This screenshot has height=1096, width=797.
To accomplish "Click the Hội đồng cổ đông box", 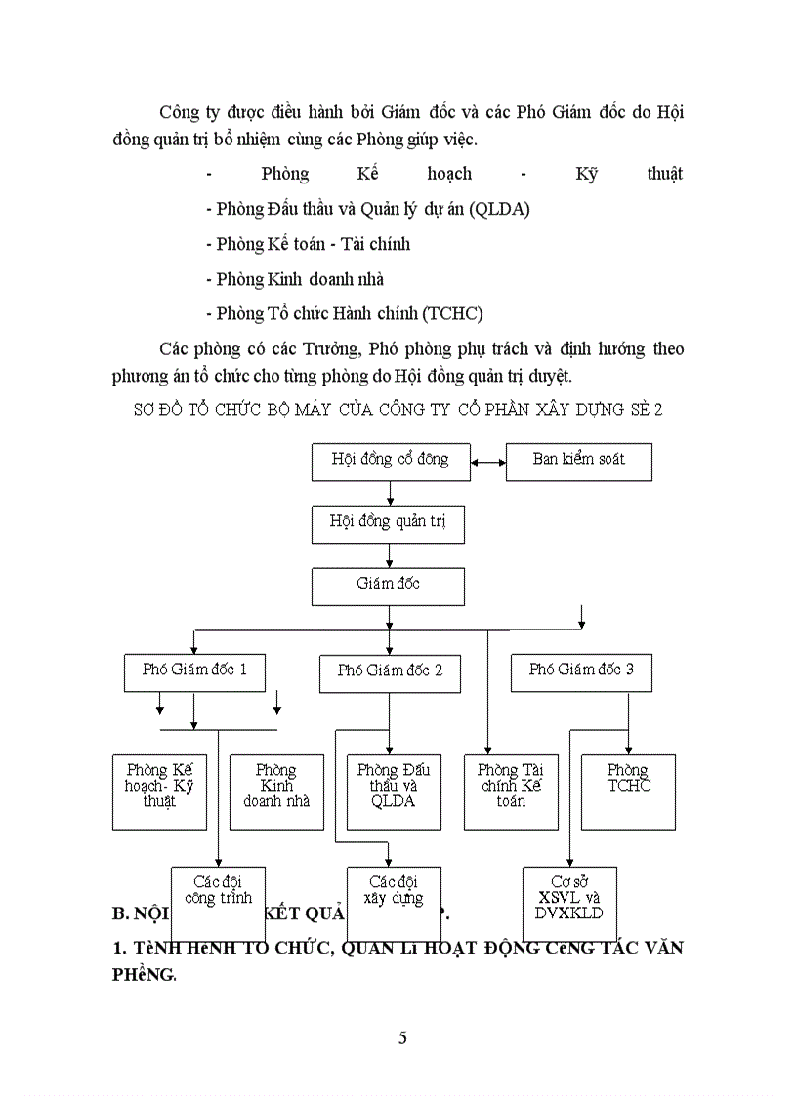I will (x=390, y=461).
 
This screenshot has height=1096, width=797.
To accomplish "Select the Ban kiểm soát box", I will (x=578, y=461).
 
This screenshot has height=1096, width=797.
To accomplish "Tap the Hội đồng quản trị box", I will (x=388, y=523).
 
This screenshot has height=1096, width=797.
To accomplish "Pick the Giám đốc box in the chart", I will (x=388, y=586).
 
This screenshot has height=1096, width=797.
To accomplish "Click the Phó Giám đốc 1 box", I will (x=194, y=671).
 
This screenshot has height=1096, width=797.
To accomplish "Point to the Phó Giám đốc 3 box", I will (x=580, y=671).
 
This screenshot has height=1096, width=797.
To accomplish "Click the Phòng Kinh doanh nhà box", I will (x=276, y=791).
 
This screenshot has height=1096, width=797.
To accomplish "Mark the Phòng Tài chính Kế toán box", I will (x=510, y=791).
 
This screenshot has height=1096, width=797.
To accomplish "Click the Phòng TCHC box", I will (x=628, y=791).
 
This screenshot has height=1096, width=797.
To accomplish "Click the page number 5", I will (x=402, y=1037).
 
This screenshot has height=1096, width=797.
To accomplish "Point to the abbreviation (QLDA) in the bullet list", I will (x=499, y=209).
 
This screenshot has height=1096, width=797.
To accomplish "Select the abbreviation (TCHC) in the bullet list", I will (x=451, y=313).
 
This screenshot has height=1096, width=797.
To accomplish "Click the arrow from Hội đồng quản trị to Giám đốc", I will (x=389, y=554).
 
